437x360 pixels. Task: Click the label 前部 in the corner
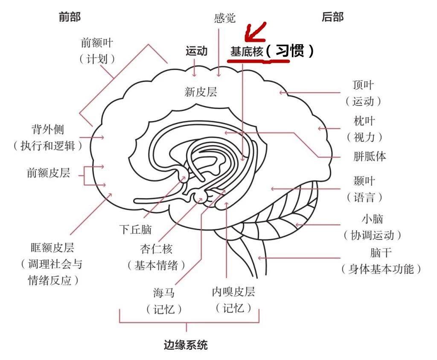coord(69,17)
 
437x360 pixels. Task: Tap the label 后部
coord(332,17)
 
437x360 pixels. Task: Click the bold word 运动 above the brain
coord(196,51)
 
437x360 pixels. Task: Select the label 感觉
coord(224,18)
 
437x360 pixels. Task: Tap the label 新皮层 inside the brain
coord(201,91)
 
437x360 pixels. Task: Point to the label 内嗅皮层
coord(233,292)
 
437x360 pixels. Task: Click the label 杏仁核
coord(156,249)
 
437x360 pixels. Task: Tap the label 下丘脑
coord(135,229)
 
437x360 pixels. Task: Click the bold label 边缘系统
coord(186,345)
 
